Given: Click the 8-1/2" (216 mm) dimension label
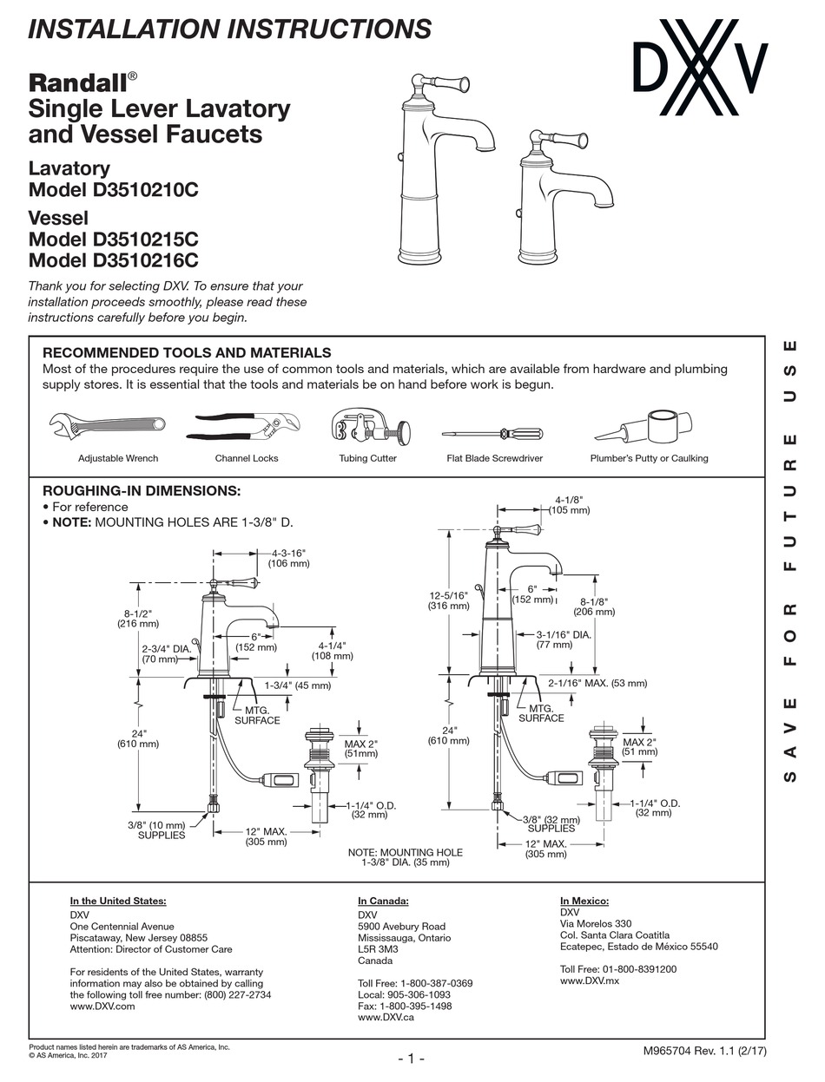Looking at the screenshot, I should tap(137, 617).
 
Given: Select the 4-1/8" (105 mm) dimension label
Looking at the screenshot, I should tap(569, 505).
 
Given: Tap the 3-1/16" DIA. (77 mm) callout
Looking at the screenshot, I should tap(563, 639).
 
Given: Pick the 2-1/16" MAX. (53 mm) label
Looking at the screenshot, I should tap(597, 683).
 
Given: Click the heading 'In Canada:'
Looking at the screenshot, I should tap(383, 902).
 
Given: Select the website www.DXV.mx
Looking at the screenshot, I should tap(590, 980).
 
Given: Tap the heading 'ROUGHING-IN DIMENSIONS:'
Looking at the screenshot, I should tap(142, 490).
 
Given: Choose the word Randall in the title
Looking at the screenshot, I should tap(78, 83).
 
